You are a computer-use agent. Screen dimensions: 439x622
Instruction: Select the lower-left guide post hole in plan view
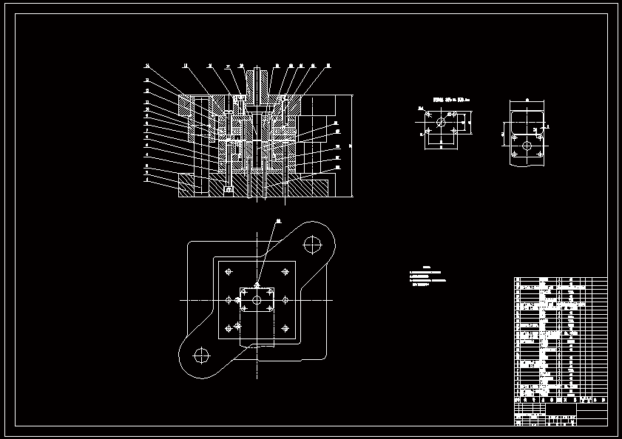201,355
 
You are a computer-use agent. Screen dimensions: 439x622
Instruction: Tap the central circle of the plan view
257,300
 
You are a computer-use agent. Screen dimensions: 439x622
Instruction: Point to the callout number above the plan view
278,220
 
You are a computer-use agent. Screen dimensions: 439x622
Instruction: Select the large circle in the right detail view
527,146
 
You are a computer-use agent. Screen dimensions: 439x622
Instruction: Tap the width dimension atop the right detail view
527,98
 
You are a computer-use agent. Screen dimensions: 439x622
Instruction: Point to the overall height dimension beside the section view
352,146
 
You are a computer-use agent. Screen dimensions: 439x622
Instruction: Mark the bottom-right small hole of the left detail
453,134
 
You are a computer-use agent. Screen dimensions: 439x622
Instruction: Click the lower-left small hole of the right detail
514,154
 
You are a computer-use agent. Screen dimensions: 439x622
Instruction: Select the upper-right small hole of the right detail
540,126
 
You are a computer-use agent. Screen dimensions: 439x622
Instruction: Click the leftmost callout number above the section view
146,66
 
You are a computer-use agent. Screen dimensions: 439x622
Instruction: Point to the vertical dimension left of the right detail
503,135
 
